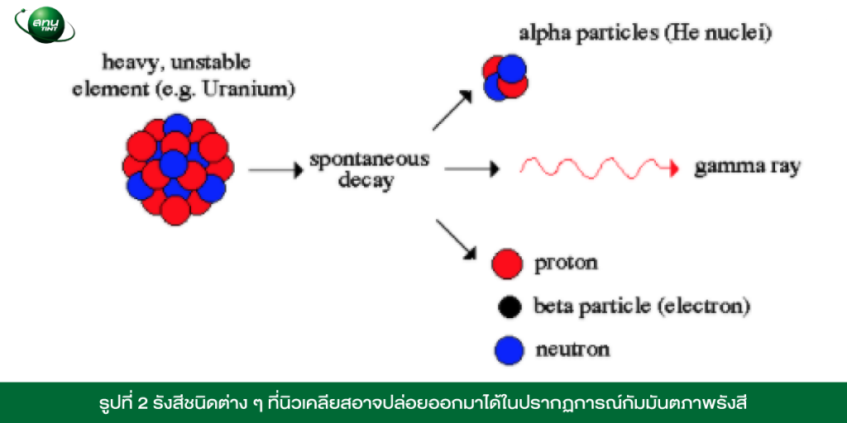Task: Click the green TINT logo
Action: coord(45,25)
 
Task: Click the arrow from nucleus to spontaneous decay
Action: coord(275,170)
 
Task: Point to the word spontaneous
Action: coord(370,160)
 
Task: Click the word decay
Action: coord(366,181)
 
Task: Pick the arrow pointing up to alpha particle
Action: coord(452,110)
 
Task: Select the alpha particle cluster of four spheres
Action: coord(505,78)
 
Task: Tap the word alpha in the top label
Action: coord(543,33)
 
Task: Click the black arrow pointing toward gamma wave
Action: coord(471,169)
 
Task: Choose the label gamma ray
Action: coord(747,169)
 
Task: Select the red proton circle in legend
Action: coord(507,264)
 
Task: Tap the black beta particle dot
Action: coord(509,307)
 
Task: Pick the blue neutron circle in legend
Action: coord(509,350)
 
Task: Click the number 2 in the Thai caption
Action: coord(139,403)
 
